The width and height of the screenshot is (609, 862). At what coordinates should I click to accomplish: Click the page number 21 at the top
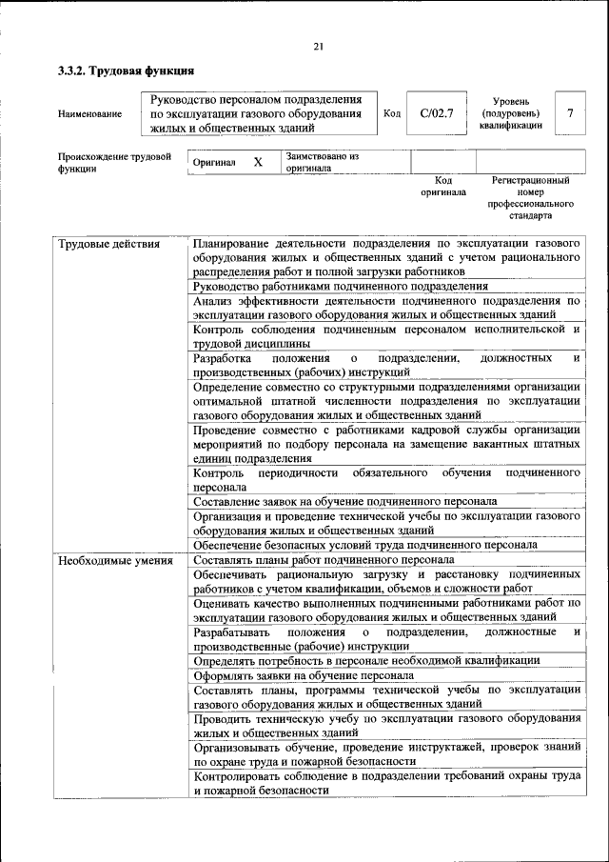(319, 47)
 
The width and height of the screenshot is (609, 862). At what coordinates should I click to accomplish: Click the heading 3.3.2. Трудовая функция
(126, 70)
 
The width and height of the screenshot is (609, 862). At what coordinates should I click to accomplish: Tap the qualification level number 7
(569, 113)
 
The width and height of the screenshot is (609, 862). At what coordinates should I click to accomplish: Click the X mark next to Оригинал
(257, 163)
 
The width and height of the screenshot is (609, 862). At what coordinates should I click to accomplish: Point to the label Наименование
(89, 114)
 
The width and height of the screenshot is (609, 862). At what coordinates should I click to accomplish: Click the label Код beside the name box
(391, 113)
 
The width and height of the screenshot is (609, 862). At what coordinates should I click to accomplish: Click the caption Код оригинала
(442, 186)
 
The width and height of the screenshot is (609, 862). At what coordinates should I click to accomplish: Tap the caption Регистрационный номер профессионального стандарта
(530, 197)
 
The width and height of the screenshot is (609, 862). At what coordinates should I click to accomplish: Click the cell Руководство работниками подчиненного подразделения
(340, 285)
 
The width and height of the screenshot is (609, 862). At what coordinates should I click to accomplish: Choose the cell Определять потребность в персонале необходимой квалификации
(366, 659)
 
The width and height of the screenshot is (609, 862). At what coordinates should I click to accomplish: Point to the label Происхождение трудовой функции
(113, 162)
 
